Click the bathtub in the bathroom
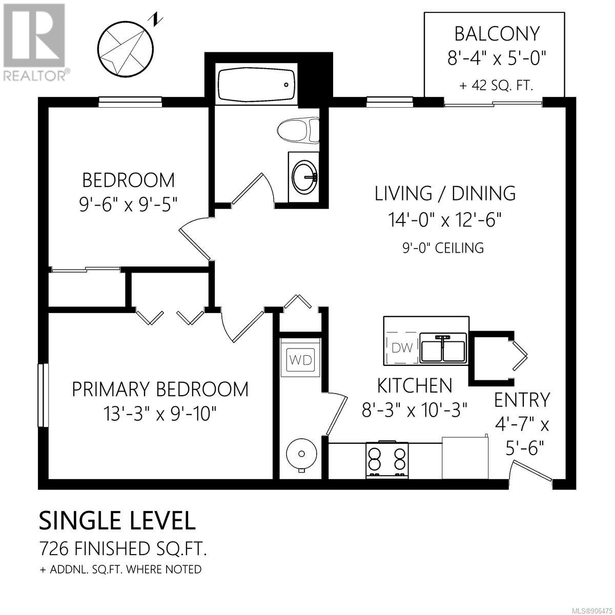[x=256, y=84]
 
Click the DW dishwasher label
[x=402, y=347]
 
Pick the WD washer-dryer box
[x=300, y=360]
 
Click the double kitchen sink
[x=443, y=347]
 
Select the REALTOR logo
[x=34, y=42]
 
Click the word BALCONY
[x=497, y=34]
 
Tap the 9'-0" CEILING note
[x=443, y=248]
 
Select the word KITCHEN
[x=414, y=385]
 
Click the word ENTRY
[x=522, y=399]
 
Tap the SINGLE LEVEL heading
[x=117, y=521]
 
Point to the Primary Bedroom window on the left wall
[x=43, y=395]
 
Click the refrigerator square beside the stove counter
[x=465, y=457]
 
